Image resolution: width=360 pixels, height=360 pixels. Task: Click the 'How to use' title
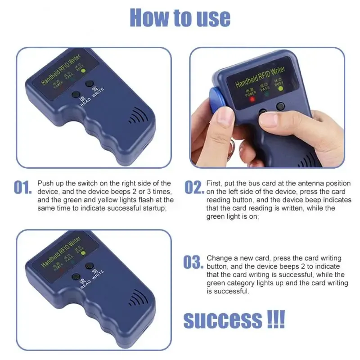tap(180, 18)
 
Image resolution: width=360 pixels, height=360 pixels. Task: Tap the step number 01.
tap(22, 187)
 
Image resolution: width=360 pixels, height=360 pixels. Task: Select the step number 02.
tap(194, 187)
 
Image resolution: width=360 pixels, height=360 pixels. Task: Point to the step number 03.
tap(193, 262)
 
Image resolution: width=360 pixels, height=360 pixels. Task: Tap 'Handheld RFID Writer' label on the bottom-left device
tap(61, 252)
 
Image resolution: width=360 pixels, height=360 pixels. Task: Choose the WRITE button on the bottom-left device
tap(90, 266)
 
